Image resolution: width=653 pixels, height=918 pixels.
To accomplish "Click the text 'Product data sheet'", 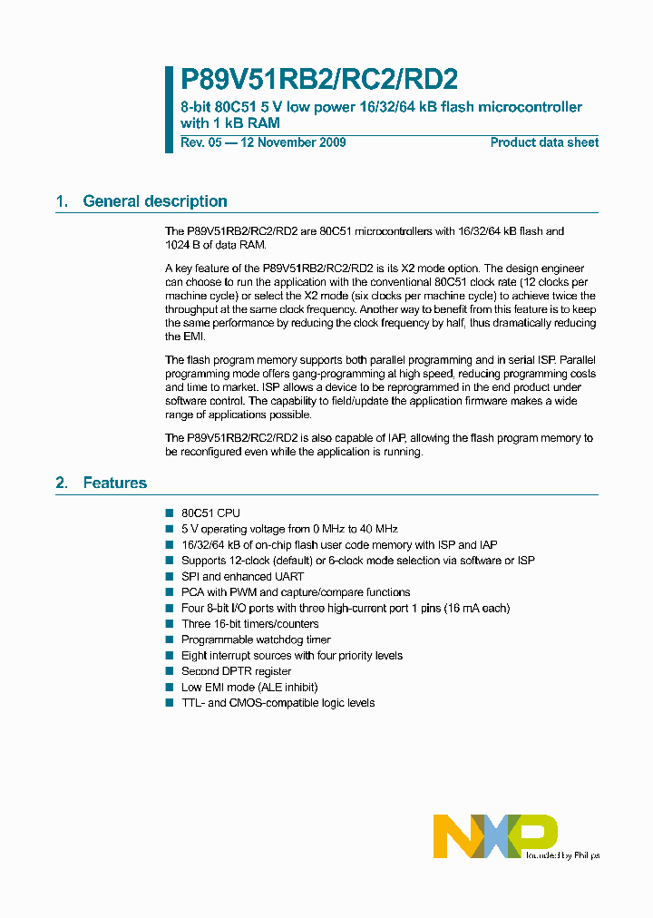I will click(544, 142).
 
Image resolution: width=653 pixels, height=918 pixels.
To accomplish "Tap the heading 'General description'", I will click(155, 201).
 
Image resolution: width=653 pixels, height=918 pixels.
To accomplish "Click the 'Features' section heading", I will click(115, 483).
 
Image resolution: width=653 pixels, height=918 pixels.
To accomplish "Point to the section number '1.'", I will click(62, 201).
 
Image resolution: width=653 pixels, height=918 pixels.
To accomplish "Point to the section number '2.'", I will click(62, 483).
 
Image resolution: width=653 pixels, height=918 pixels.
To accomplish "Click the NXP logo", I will click(495, 835).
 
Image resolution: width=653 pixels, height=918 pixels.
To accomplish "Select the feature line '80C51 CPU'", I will click(210, 513).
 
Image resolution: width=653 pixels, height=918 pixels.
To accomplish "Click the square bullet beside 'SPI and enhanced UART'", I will click(169, 576).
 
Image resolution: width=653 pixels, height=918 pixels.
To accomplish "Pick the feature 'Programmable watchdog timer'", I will click(256, 640).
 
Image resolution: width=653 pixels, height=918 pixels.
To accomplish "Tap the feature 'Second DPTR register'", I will click(236, 671).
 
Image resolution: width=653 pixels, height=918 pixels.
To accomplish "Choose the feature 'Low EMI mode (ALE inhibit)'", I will click(249, 687).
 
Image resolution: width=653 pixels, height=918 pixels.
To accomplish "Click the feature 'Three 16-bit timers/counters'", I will click(249, 624).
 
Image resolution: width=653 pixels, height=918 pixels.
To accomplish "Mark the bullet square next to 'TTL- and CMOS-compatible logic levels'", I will click(169, 703).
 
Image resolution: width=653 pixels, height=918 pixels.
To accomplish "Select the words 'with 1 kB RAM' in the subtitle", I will click(230, 123).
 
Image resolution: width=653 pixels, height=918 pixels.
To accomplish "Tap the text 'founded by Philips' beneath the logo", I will click(562, 855).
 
